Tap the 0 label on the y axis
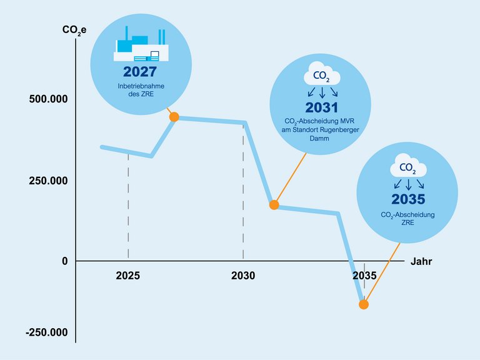pos(64,261)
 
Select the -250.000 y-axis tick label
pos(46,333)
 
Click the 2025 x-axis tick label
pos(127,276)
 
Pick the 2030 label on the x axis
pos(243,276)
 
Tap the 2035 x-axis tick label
pos(364,276)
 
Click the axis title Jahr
pos(421,261)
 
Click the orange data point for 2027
pos(174,117)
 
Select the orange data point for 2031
pos(274,204)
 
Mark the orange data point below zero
pos(364,304)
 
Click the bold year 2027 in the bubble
pos(140,71)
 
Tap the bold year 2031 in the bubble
pos(321,107)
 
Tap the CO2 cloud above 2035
pos(408,167)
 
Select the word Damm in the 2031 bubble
pos(321,139)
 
